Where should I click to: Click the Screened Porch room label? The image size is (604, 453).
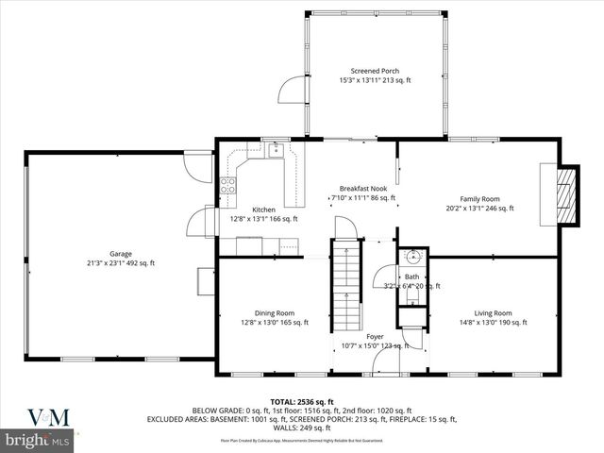(x=375, y=72)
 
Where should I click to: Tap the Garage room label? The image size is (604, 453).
(x=120, y=254)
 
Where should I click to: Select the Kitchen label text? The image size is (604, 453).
(x=263, y=210)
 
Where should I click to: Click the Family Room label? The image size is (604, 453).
(x=479, y=199)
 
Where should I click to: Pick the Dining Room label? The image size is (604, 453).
(x=274, y=313)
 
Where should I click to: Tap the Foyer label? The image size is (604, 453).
(x=375, y=336)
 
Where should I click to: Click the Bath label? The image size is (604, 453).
(x=411, y=277)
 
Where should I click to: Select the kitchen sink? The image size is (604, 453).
(x=275, y=149)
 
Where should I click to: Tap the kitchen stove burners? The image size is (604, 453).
(x=227, y=185)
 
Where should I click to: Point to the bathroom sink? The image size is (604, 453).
(x=412, y=257)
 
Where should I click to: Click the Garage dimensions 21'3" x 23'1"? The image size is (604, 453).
(x=120, y=263)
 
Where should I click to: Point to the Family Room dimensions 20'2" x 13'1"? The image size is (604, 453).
(x=479, y=209)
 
